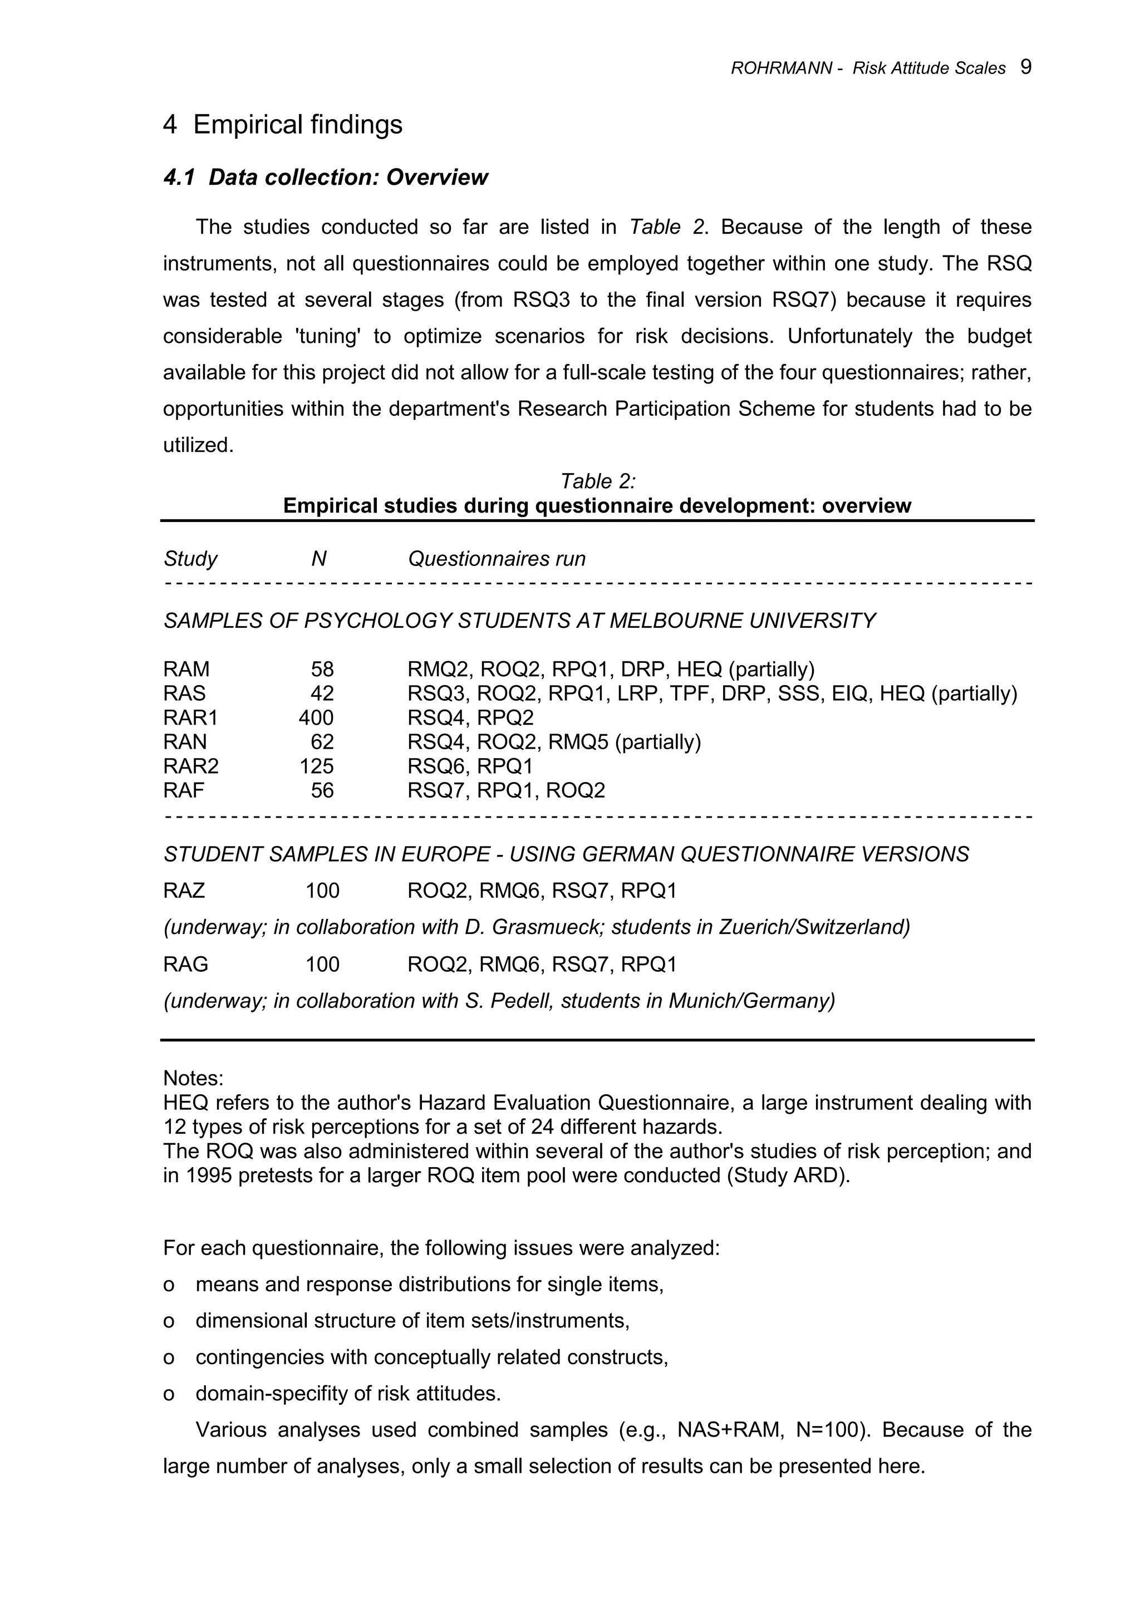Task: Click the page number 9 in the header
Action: click(1025, 67)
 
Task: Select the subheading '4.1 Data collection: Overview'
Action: click(325, 177)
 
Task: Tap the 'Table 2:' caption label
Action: click(597, 481)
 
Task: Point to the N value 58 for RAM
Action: click(322, 669)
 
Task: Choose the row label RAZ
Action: click(184, 891)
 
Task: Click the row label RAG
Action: click(185, 964)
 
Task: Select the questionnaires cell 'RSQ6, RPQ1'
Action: click(470, 766)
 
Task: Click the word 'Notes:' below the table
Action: click(193, 1078)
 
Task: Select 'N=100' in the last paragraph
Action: click(829, 1430)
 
